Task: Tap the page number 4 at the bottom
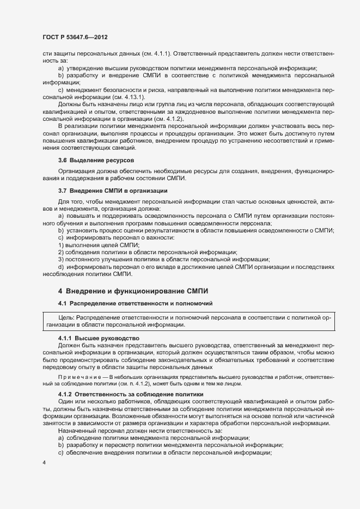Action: click(44, 463)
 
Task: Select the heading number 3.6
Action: click(63, 161)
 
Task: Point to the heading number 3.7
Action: click(63, 191)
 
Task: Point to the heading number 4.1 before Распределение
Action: click(63, 303)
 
